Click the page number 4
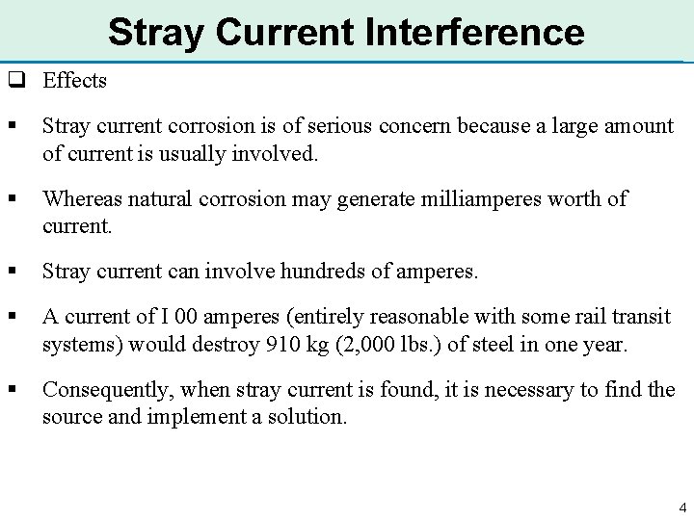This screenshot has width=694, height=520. click(681, 507)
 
